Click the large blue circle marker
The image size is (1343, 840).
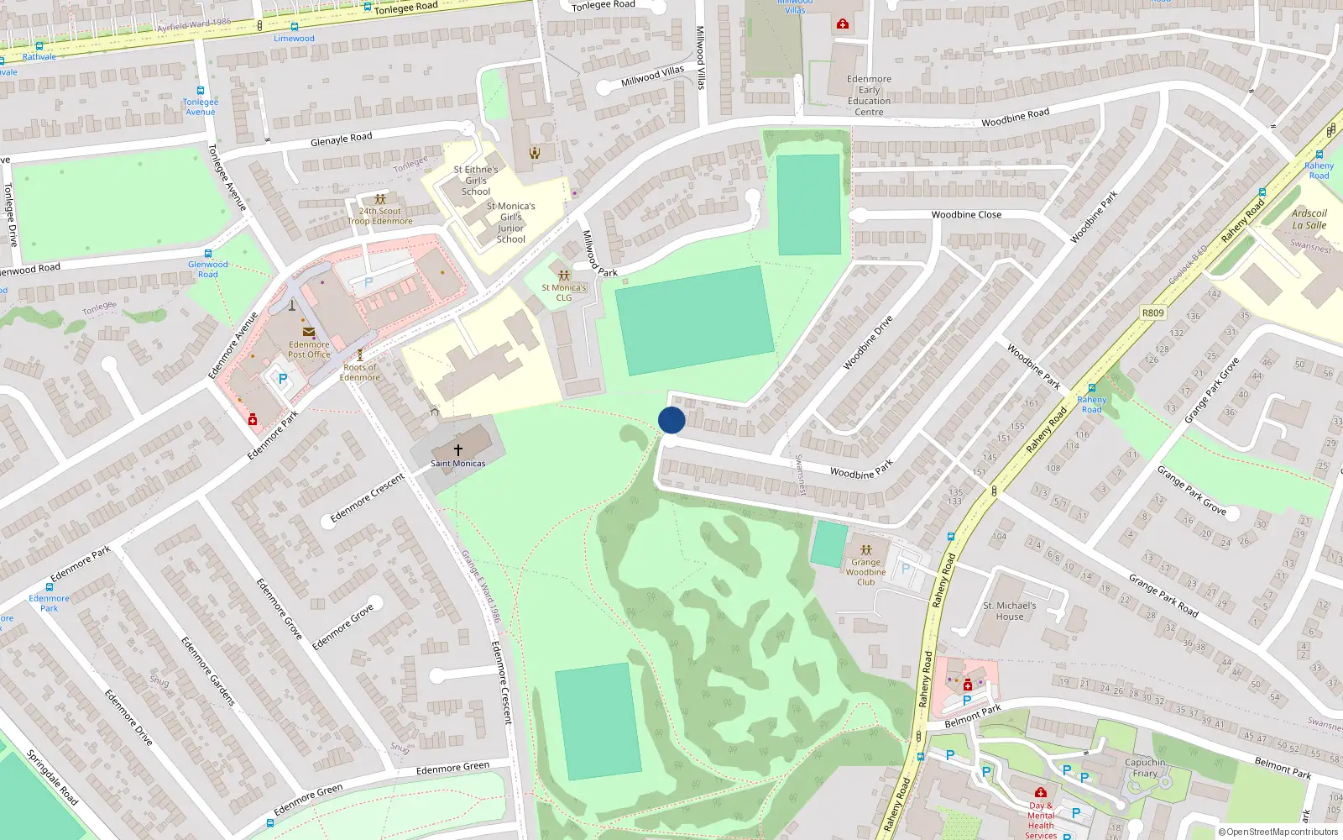pyautogui.click(x=671, y=420)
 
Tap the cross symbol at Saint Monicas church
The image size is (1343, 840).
pyautogui.click(x=458, y=450)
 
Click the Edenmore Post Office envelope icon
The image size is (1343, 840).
pyautogui.click(x=309, y=333)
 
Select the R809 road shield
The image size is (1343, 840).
pyautogui.click(x=1153, y=312)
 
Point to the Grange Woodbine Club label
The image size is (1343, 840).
pyautogui.click(x=865, y=572)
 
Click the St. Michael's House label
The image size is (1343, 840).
pyautogui.click(x=1009, y=611)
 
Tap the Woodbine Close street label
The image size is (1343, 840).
pyautogui.click(x=966, y=215)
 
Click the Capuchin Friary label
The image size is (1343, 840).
pyautogui.click(x=1145, y=768)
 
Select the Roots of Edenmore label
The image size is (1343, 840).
pyautogui.click(x=360, y=372)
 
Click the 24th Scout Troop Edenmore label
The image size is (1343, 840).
pyautogui.click(x=380, y=216)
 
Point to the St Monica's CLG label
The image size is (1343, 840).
pyautogui.click(x=564, y=292)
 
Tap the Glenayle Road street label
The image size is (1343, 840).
pyautogui.click(x=341, y=139)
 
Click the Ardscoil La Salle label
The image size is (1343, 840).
pyautogui.click(x=1309, y=219)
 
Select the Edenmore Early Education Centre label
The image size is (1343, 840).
pyautogui.click(x=869, y=95)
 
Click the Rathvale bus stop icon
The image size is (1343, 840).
pyautogui.click(x=39, y=47)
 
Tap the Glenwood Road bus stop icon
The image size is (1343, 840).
pyautogui.click(x=207, y=253)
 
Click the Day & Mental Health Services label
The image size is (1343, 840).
pyautogui.click(x=1041, y=820)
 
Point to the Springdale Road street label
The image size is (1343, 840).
pyautogui.click(x=52, y=778)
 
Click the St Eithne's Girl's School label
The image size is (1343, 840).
pyautogui.click(x=476, y=181)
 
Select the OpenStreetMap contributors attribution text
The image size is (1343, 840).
pyautogui.click(x=1278, y=832)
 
